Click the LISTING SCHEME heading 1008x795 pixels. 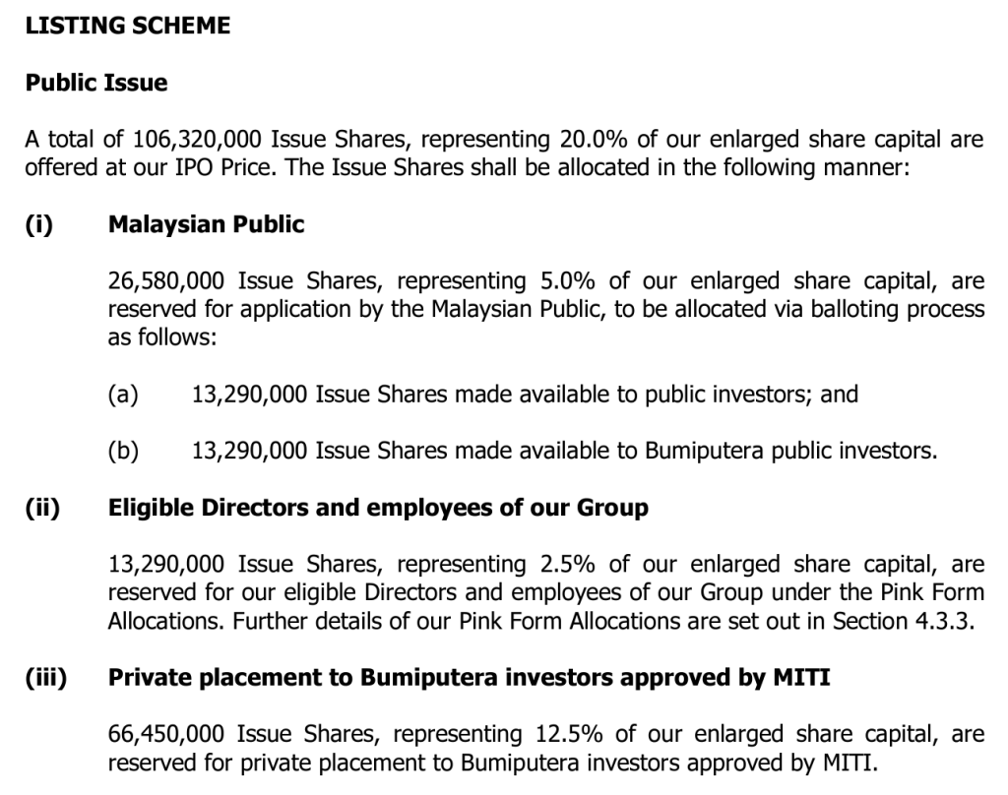(128, 27)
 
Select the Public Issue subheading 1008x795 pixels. (96, 83)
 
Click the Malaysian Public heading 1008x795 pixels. (206, 224)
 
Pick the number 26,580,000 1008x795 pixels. (169, 281)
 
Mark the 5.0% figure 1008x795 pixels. (570, 281)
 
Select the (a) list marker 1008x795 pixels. (123, 395)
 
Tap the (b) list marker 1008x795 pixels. (123, 452)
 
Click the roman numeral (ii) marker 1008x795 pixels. (42, 509)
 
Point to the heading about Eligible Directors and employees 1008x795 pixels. (378, 509)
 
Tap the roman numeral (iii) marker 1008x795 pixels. (45, 679)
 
